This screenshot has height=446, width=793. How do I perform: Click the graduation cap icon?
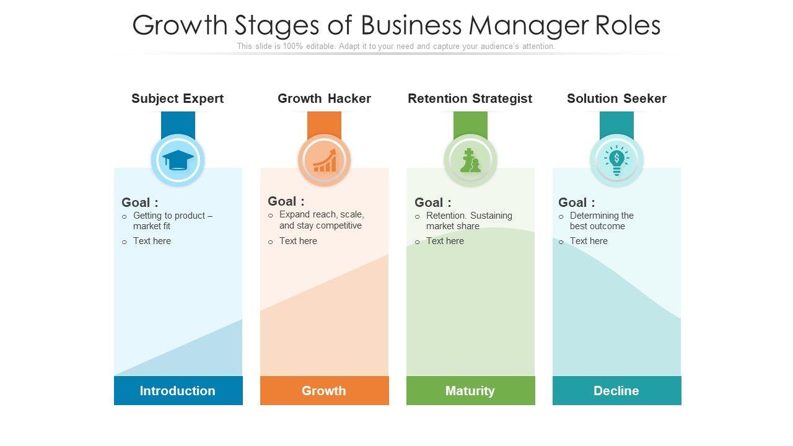tap(178, 160)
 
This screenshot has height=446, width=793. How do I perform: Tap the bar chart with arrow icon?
tap(324, 160)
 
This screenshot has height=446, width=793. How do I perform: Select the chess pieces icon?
tap(470, 160)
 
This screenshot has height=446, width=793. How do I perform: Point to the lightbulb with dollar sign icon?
tap(616, 160)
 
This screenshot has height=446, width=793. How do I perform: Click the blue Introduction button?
tap(178, 391)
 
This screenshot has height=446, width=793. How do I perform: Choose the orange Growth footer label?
tap(324, 391)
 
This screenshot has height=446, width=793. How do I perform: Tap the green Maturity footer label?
tap(470, 391)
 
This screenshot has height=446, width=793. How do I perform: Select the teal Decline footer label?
tap(616, 391)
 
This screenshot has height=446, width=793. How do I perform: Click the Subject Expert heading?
tap(178, 98)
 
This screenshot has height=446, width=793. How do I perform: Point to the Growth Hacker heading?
tap(324, 98)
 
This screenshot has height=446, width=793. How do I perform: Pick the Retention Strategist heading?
tap(470, 98)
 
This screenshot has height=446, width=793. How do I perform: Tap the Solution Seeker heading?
tap(616, 98)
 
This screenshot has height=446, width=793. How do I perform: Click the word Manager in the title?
tap(530, 26)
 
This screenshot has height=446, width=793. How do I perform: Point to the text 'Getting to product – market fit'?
tap(172, 221)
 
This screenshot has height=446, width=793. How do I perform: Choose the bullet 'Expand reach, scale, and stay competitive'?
tap(321, 220)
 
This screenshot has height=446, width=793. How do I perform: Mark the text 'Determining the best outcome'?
tap(601, 221)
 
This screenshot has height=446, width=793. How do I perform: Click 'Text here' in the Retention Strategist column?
tap(445, 241)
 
